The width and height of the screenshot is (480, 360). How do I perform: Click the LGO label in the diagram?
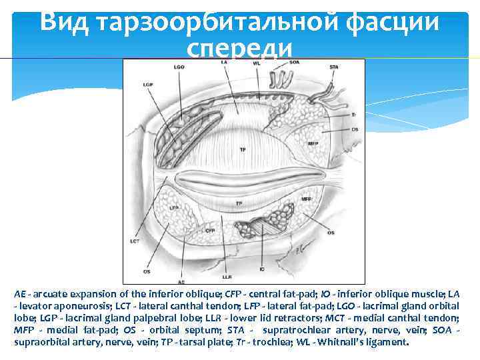179,67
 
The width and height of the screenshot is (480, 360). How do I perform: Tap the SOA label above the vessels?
294,62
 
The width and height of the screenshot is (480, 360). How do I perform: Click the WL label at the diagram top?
256,63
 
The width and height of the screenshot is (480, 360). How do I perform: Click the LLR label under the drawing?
227,275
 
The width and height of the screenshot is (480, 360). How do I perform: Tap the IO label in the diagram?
262,270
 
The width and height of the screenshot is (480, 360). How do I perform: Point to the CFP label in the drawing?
210,231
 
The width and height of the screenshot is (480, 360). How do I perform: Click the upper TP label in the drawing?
242,149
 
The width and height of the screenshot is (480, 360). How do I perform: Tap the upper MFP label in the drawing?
313,143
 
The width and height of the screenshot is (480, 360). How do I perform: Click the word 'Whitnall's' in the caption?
349,342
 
